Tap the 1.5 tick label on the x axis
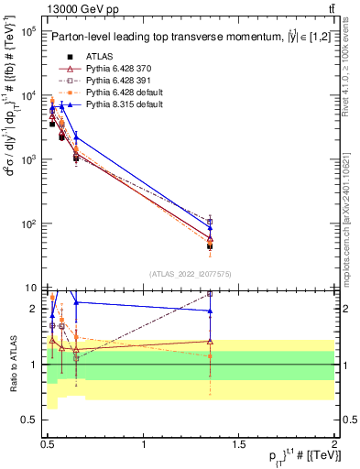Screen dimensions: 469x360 coord(239,443)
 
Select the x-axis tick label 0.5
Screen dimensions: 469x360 coord(48,443)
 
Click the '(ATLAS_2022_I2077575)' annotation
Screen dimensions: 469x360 coord(191,274)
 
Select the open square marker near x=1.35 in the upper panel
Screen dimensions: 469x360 coord(210,222)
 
